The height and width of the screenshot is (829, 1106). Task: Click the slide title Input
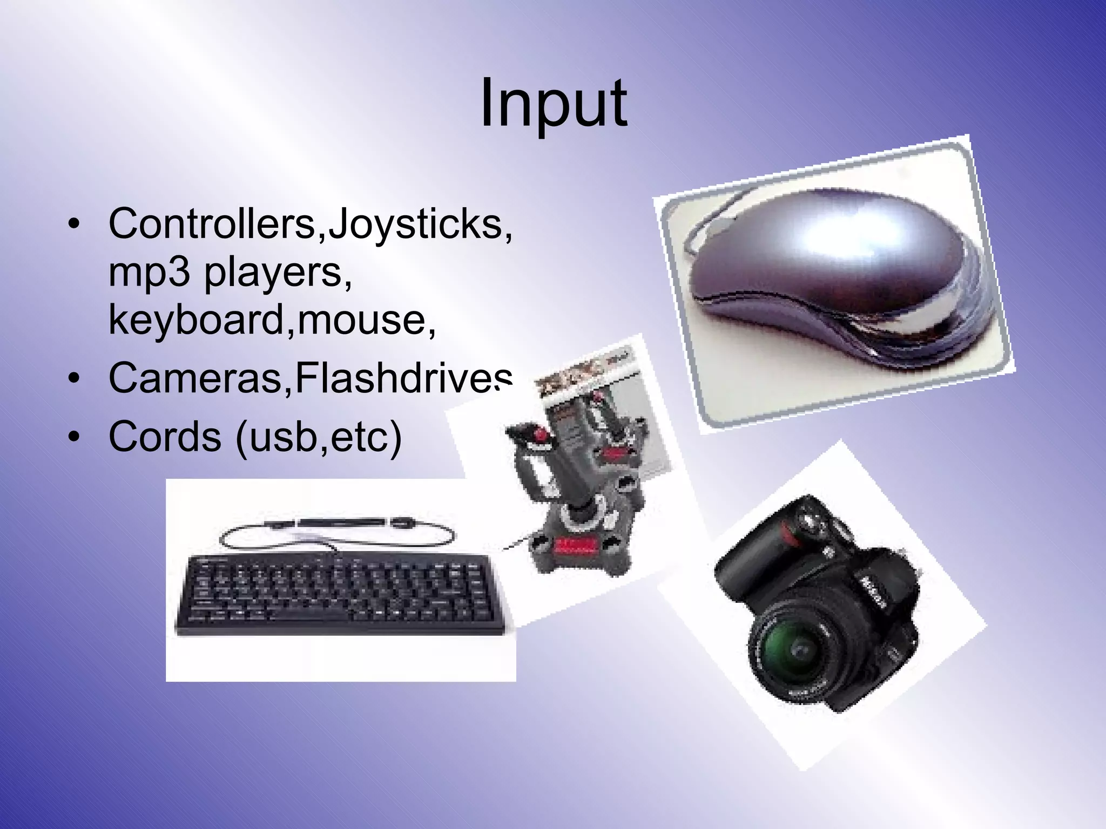554,103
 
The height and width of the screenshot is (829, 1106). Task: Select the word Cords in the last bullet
165,437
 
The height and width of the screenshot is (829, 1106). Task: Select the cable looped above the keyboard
335,532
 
